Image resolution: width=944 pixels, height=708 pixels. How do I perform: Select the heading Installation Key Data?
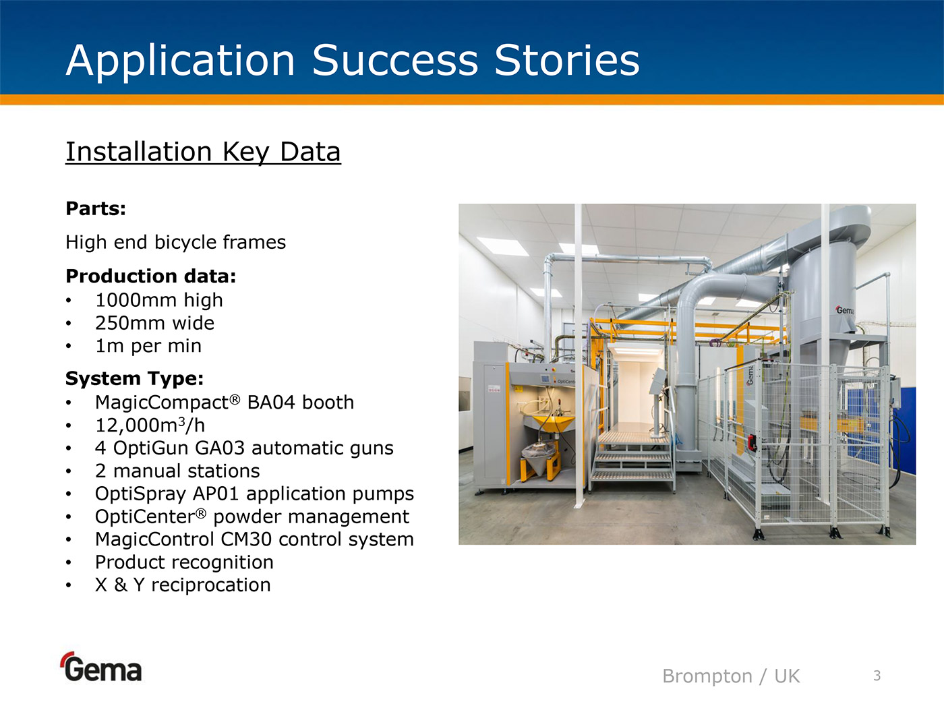(x=203, y=152)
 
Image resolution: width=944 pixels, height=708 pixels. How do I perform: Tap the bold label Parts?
(x=96, y=209)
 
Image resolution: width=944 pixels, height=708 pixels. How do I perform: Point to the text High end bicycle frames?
(x=175, y=243)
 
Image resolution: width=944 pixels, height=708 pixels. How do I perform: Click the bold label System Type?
(x=134, y=379)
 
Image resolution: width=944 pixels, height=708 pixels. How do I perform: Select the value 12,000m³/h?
(x=150, y=425)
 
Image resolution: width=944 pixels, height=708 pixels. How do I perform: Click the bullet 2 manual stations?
(x=177, y=471)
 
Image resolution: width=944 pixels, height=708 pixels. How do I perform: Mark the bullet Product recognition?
(x=184, y=562)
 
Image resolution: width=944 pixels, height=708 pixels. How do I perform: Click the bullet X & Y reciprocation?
(x=183, y=585)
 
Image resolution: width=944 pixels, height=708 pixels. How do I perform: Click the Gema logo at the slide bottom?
(x=101, y=667)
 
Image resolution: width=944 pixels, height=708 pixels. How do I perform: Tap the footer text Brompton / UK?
(x=731, y=676)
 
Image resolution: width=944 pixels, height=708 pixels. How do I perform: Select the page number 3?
(x=877, y=676)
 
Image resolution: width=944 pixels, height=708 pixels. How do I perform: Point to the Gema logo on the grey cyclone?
(x=845, y=310)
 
